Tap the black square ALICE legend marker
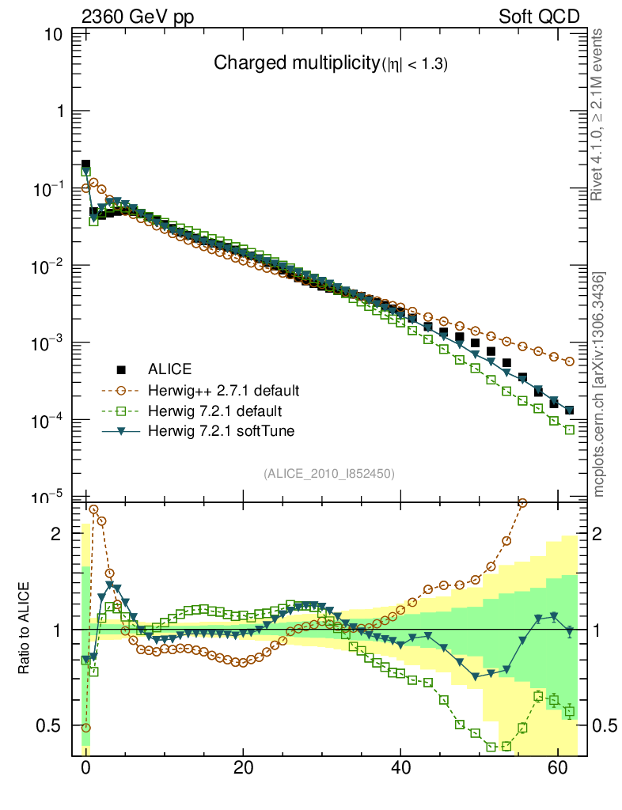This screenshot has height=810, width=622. pyautogui.click(x=121, y=369)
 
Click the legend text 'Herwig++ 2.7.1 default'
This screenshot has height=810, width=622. pyautogui.click(x=223, y=390)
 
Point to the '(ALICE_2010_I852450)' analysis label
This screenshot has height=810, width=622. pyautogui.click(x=329, y=473)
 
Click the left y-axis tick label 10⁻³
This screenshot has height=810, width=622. pyautogui.click(x=49, y=343)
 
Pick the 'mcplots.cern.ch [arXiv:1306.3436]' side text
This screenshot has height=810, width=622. pyautogui.click(x=599, y=384)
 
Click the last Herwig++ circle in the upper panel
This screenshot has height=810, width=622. pyautogui.click(x=570, y=361)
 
